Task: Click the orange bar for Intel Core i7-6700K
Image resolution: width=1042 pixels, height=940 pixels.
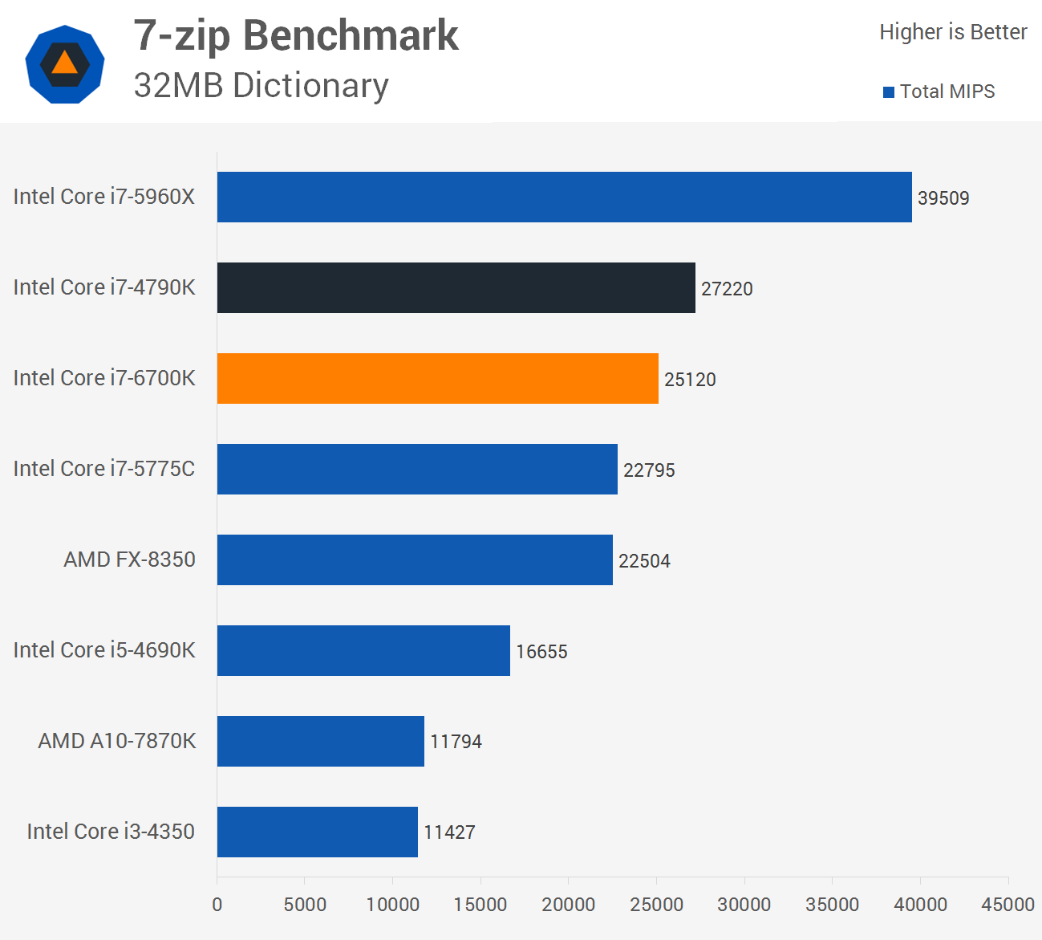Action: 437,378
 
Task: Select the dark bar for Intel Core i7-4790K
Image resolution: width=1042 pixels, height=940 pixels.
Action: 456,287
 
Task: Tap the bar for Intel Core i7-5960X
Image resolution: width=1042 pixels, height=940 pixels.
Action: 564,197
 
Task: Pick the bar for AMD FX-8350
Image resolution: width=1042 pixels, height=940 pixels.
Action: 415,560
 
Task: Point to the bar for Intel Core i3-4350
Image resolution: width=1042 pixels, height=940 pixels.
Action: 317,832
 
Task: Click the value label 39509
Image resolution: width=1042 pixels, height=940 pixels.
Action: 943,198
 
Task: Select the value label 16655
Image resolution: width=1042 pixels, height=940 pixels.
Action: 541,652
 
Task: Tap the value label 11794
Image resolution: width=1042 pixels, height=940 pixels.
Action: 456,742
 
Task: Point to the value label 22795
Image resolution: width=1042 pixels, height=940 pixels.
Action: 649,470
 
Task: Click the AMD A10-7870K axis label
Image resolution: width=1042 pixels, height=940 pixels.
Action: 117,741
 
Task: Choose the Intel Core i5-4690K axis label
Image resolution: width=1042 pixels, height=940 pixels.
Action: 104,650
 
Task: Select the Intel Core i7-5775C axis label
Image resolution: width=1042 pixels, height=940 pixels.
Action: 104,469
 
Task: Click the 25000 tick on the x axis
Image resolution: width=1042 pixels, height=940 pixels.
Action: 656,905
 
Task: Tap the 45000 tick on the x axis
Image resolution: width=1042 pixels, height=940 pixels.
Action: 1008,905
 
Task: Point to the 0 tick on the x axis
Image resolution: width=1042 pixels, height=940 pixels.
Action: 217,905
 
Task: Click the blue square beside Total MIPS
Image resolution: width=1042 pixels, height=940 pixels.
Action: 889,92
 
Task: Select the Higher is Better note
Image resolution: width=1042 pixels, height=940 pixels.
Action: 953,32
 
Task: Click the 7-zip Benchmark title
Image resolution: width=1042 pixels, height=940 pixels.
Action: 296,35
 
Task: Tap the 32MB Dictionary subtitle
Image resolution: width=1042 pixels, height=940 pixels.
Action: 262,86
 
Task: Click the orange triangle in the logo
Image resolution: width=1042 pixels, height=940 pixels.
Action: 65,63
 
